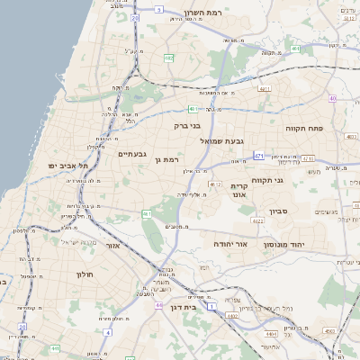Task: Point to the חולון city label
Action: coord(85,274)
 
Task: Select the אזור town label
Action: coord(112,245)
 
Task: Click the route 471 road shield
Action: coord(259,156)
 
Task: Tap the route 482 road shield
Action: coord(168,57)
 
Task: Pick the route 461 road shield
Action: coord(146,213)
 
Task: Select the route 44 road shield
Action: coord(158,306)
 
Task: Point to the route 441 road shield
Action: coord(56,348)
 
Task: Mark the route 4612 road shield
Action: coord(214,184)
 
